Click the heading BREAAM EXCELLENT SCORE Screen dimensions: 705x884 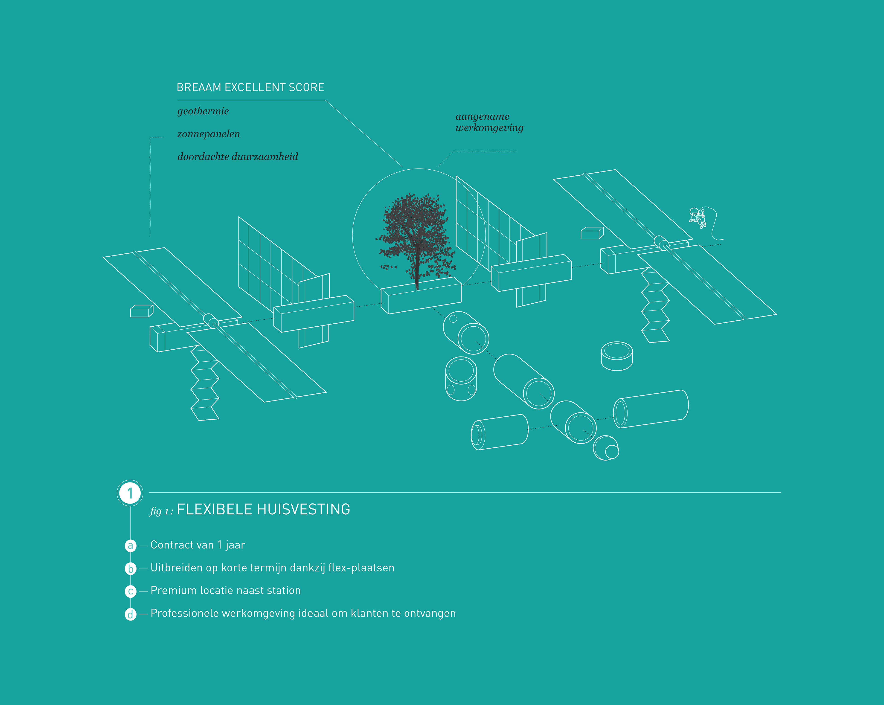(250, 87)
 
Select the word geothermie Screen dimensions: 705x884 (203, 111)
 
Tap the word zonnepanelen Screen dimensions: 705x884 (208, 134)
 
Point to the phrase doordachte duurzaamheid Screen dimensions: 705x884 (237, 157)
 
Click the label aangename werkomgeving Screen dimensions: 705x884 (489, 122)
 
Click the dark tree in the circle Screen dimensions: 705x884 (415, 238)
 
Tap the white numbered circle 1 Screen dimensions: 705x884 (130, 493)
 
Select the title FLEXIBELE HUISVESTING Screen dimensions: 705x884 (263, 510)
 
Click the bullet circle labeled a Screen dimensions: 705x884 (130, 545)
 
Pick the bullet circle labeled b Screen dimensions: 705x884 (130, 569)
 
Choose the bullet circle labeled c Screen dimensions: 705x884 (130, 591)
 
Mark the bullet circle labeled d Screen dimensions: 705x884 (130, 614)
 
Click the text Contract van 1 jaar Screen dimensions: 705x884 (198, 545)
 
